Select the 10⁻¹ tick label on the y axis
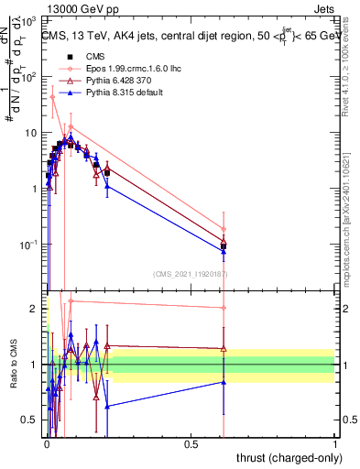(x=30, y=245)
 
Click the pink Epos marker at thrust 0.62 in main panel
(x=224, y=229)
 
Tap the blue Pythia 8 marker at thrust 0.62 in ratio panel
(x=224, y=382)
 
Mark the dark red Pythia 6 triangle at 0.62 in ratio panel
(x=224, y=349)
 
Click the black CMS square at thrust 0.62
(x=224, y=245)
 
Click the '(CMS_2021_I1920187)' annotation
(x=191, y=274)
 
